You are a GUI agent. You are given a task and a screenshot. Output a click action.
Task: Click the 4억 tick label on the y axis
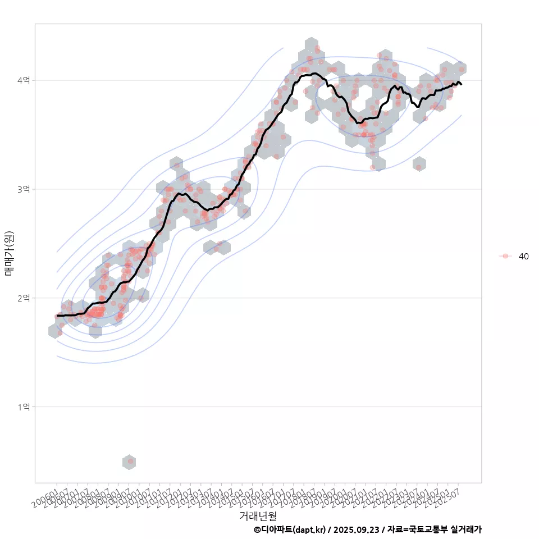point(24,80)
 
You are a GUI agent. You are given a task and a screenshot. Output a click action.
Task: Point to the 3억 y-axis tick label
point(24,189)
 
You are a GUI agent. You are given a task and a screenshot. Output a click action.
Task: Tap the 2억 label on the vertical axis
point(24,298)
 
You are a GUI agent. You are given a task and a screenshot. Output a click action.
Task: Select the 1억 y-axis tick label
point(24,406)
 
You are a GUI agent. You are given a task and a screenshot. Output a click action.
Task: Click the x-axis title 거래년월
point(258,515)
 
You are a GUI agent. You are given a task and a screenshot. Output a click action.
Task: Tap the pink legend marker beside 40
point(505,256)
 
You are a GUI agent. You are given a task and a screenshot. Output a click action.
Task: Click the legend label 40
point(523,256)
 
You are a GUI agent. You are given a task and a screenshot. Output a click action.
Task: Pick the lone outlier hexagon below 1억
point(129,462)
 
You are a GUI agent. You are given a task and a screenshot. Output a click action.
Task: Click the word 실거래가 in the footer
point(466,529)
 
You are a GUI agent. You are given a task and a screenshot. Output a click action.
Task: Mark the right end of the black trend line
point(461,84)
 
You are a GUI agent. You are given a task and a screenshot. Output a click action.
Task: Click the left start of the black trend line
point(57,316)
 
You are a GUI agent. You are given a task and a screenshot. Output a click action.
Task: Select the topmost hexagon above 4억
point(312,45)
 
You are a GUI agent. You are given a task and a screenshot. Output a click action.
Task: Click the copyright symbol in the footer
point(257,529)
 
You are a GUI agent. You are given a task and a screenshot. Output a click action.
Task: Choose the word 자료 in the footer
point(395,529)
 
